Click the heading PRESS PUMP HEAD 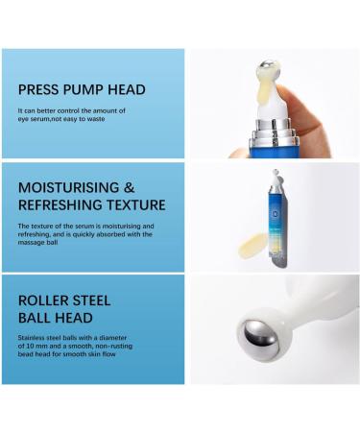coord(82,89)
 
